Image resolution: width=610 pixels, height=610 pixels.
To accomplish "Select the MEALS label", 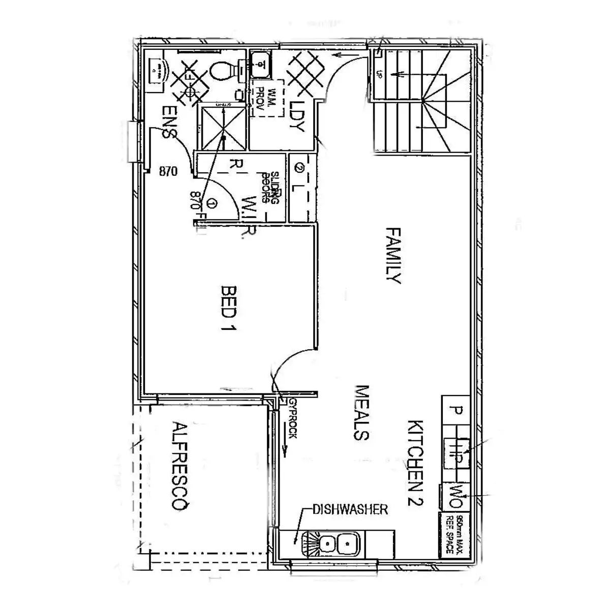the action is point(361,412).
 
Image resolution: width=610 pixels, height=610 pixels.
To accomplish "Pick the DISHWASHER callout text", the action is point(350,509).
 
